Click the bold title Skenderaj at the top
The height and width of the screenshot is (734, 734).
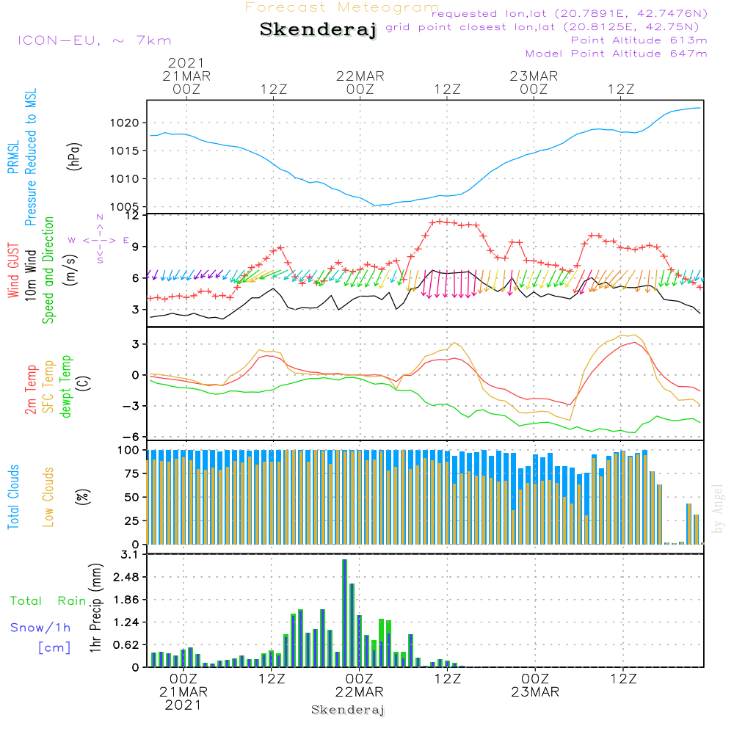point(319,30)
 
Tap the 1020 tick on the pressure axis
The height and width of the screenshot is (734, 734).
point(125,123)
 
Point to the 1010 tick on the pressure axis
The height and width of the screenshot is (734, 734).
point(125,179)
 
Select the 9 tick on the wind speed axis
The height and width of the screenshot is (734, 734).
point(136,247)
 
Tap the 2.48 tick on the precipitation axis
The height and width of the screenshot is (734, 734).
point(126,577)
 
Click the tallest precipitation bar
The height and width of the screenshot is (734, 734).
point(344,613)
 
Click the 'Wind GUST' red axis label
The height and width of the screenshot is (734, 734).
point(13,270)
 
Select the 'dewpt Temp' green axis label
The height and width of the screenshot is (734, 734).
point(65,386)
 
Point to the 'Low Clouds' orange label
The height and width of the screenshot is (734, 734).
point(48,497)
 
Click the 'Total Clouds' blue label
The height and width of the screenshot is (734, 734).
point(13,497)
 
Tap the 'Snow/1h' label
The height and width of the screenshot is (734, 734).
point(40,628)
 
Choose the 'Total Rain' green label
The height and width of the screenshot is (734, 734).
point(48,600)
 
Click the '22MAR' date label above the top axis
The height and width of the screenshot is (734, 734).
point(360,76)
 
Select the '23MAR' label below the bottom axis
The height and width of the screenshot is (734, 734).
point(535,692)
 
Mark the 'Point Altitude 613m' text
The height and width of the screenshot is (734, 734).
point(639,40)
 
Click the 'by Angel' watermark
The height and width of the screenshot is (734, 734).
point(718,509)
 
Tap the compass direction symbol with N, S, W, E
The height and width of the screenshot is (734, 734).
point(99,239)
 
